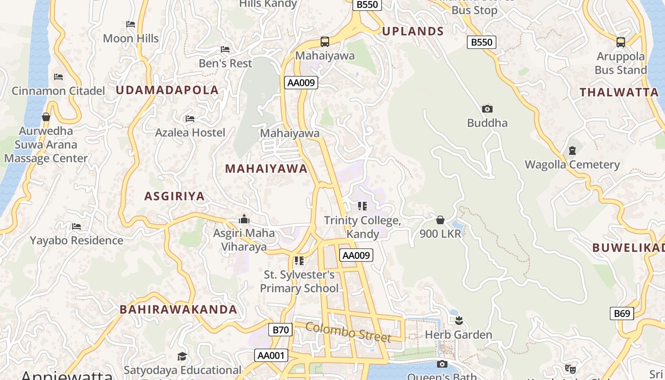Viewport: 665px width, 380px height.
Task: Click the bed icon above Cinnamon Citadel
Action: tap(58, 76)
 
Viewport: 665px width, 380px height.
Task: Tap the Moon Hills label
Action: tap(131, 38)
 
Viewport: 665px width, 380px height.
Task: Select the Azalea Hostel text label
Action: tap(190, 133)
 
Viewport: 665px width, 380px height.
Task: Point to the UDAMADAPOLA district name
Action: tap(167, 90)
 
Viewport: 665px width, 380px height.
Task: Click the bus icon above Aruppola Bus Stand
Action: tap(621, 42)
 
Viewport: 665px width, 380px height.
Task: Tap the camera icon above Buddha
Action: tap(487, 109)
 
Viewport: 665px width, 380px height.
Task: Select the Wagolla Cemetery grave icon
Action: tap(572, 151)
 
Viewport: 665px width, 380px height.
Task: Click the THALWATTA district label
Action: tap(619, 92)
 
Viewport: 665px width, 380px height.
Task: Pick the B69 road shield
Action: tap(622, 313)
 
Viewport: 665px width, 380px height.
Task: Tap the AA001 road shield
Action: tap(271, 355)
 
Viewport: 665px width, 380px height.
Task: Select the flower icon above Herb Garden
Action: tap(458, 321)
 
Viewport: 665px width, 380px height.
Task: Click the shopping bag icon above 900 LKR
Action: tap(440, 220)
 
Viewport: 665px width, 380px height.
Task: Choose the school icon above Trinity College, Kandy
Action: tap(362, 206)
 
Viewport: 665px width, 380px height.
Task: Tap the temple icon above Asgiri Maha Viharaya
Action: tap(244, 219)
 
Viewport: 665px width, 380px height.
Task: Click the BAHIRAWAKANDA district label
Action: tap(178, 309)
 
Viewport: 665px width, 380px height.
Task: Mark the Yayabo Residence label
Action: tap(76, 240)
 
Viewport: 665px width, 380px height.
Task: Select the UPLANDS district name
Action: tap(413, 31)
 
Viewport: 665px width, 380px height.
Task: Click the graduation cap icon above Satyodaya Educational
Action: tap(182, 356)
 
